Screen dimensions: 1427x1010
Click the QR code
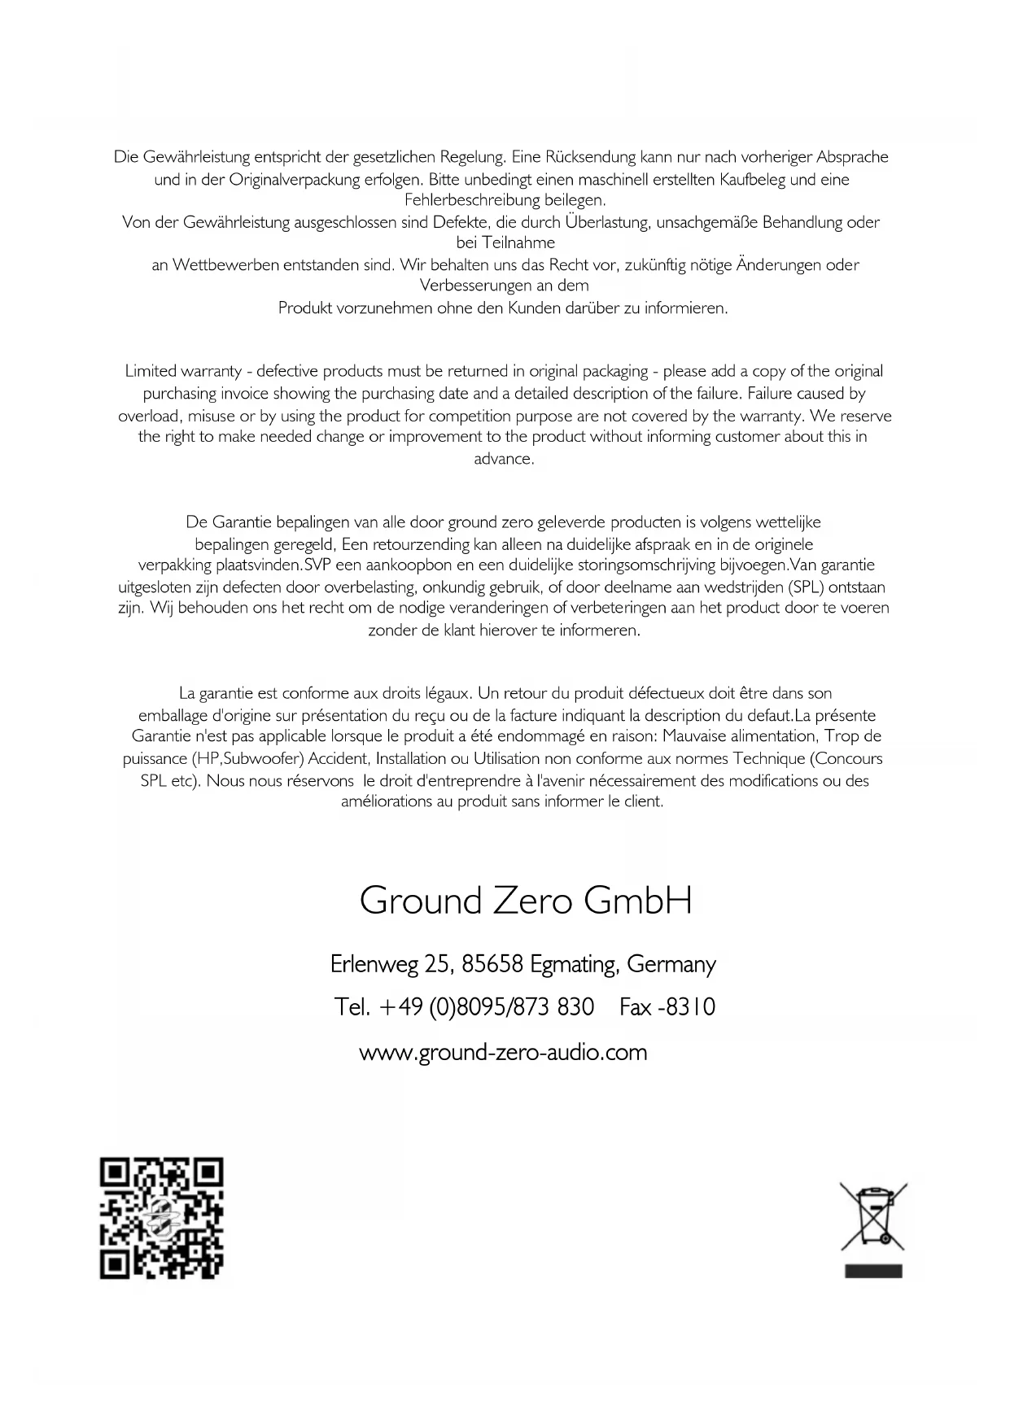pyautogui.click(x=161, y=1218)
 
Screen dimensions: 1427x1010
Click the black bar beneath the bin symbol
pyautogui.click(x=873, y=1272)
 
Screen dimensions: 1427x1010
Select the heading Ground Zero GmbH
pyautogui.click(x=526, y=901)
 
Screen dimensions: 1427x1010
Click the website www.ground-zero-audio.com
pyautogui.click(x=503, y=1053)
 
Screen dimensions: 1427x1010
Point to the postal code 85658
pyautogui.click(x=492, y=965)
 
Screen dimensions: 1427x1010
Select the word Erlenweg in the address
pyautogui.click(x=374, y=965)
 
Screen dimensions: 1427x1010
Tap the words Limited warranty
pyautogui.click(x=182, y=372)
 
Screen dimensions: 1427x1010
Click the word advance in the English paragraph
pyautogui.click(x=503, y=459)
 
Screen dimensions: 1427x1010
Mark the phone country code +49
pyautogui.click(x=400, y=1007)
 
